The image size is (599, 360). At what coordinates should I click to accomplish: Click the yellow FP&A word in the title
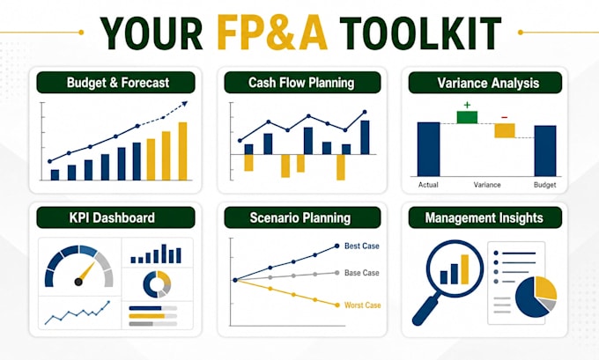(272, 33)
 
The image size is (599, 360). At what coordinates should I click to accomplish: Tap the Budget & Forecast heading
(118, 83)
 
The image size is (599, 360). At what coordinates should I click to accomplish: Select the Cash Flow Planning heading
(301, 83)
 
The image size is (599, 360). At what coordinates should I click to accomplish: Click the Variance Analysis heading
(488, 84)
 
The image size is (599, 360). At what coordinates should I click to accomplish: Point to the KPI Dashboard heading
(112, 217)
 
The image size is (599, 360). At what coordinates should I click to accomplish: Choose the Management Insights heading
(484, 218)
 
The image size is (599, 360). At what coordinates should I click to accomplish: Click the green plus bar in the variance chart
(467, 117)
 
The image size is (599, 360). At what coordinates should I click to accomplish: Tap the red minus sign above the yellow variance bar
(505, 117)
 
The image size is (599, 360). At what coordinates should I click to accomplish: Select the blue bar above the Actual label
(429, 150)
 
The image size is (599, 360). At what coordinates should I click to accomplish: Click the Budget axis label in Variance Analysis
(544, 185)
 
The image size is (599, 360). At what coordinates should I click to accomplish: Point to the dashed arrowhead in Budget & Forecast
(185, 104)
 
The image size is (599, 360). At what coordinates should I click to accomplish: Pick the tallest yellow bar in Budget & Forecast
(183, 151)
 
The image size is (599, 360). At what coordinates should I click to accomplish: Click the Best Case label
(362, 246)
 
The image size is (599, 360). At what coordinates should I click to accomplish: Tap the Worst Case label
(363, 305)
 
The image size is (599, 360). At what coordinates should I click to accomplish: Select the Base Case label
(362, 273)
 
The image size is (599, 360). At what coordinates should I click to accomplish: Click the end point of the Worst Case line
(337, 305)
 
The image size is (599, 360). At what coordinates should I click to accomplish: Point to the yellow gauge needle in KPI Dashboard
(86, 272)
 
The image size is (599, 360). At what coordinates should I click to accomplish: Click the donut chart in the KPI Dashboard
(157, 284)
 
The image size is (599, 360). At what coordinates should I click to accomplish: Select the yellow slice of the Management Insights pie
(545, 287)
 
